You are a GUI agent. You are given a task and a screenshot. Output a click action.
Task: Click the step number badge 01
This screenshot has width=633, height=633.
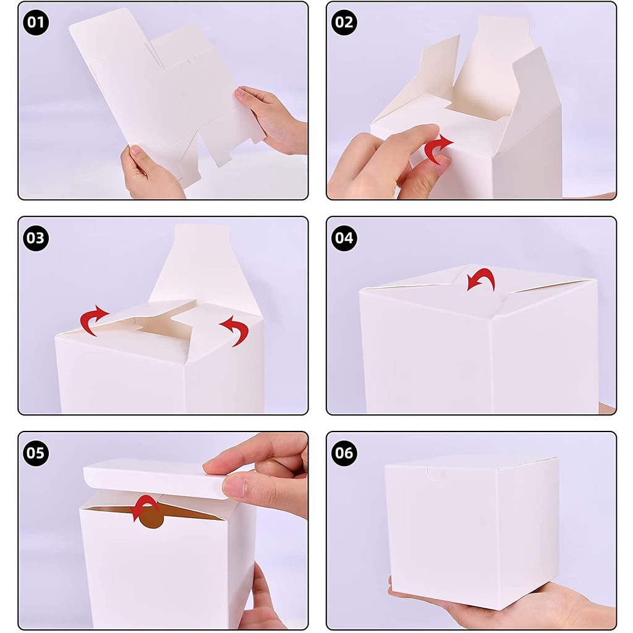click(35, 22)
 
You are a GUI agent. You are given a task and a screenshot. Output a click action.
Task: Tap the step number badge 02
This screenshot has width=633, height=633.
click(344, 22)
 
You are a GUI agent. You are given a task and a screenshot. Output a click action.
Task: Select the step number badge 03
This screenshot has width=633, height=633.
click(35, 238)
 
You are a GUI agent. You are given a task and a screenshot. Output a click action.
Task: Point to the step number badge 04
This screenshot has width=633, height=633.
click(344, 238)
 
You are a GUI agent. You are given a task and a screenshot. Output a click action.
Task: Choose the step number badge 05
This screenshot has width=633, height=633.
click(35, 453)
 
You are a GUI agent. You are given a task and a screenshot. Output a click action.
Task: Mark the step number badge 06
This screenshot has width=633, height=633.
click(344, 453)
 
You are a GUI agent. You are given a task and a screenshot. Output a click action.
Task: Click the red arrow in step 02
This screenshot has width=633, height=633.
click(436, 148)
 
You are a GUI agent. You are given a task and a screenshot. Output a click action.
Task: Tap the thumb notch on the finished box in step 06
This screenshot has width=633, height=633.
click(434, 472)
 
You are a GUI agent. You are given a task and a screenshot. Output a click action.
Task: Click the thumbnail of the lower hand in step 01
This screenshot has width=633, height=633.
click(135, 151)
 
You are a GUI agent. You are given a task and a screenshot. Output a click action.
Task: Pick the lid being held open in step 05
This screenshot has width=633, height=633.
click(155, 478)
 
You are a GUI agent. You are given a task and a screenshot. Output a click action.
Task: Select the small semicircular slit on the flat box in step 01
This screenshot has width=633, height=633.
click(192, 60)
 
